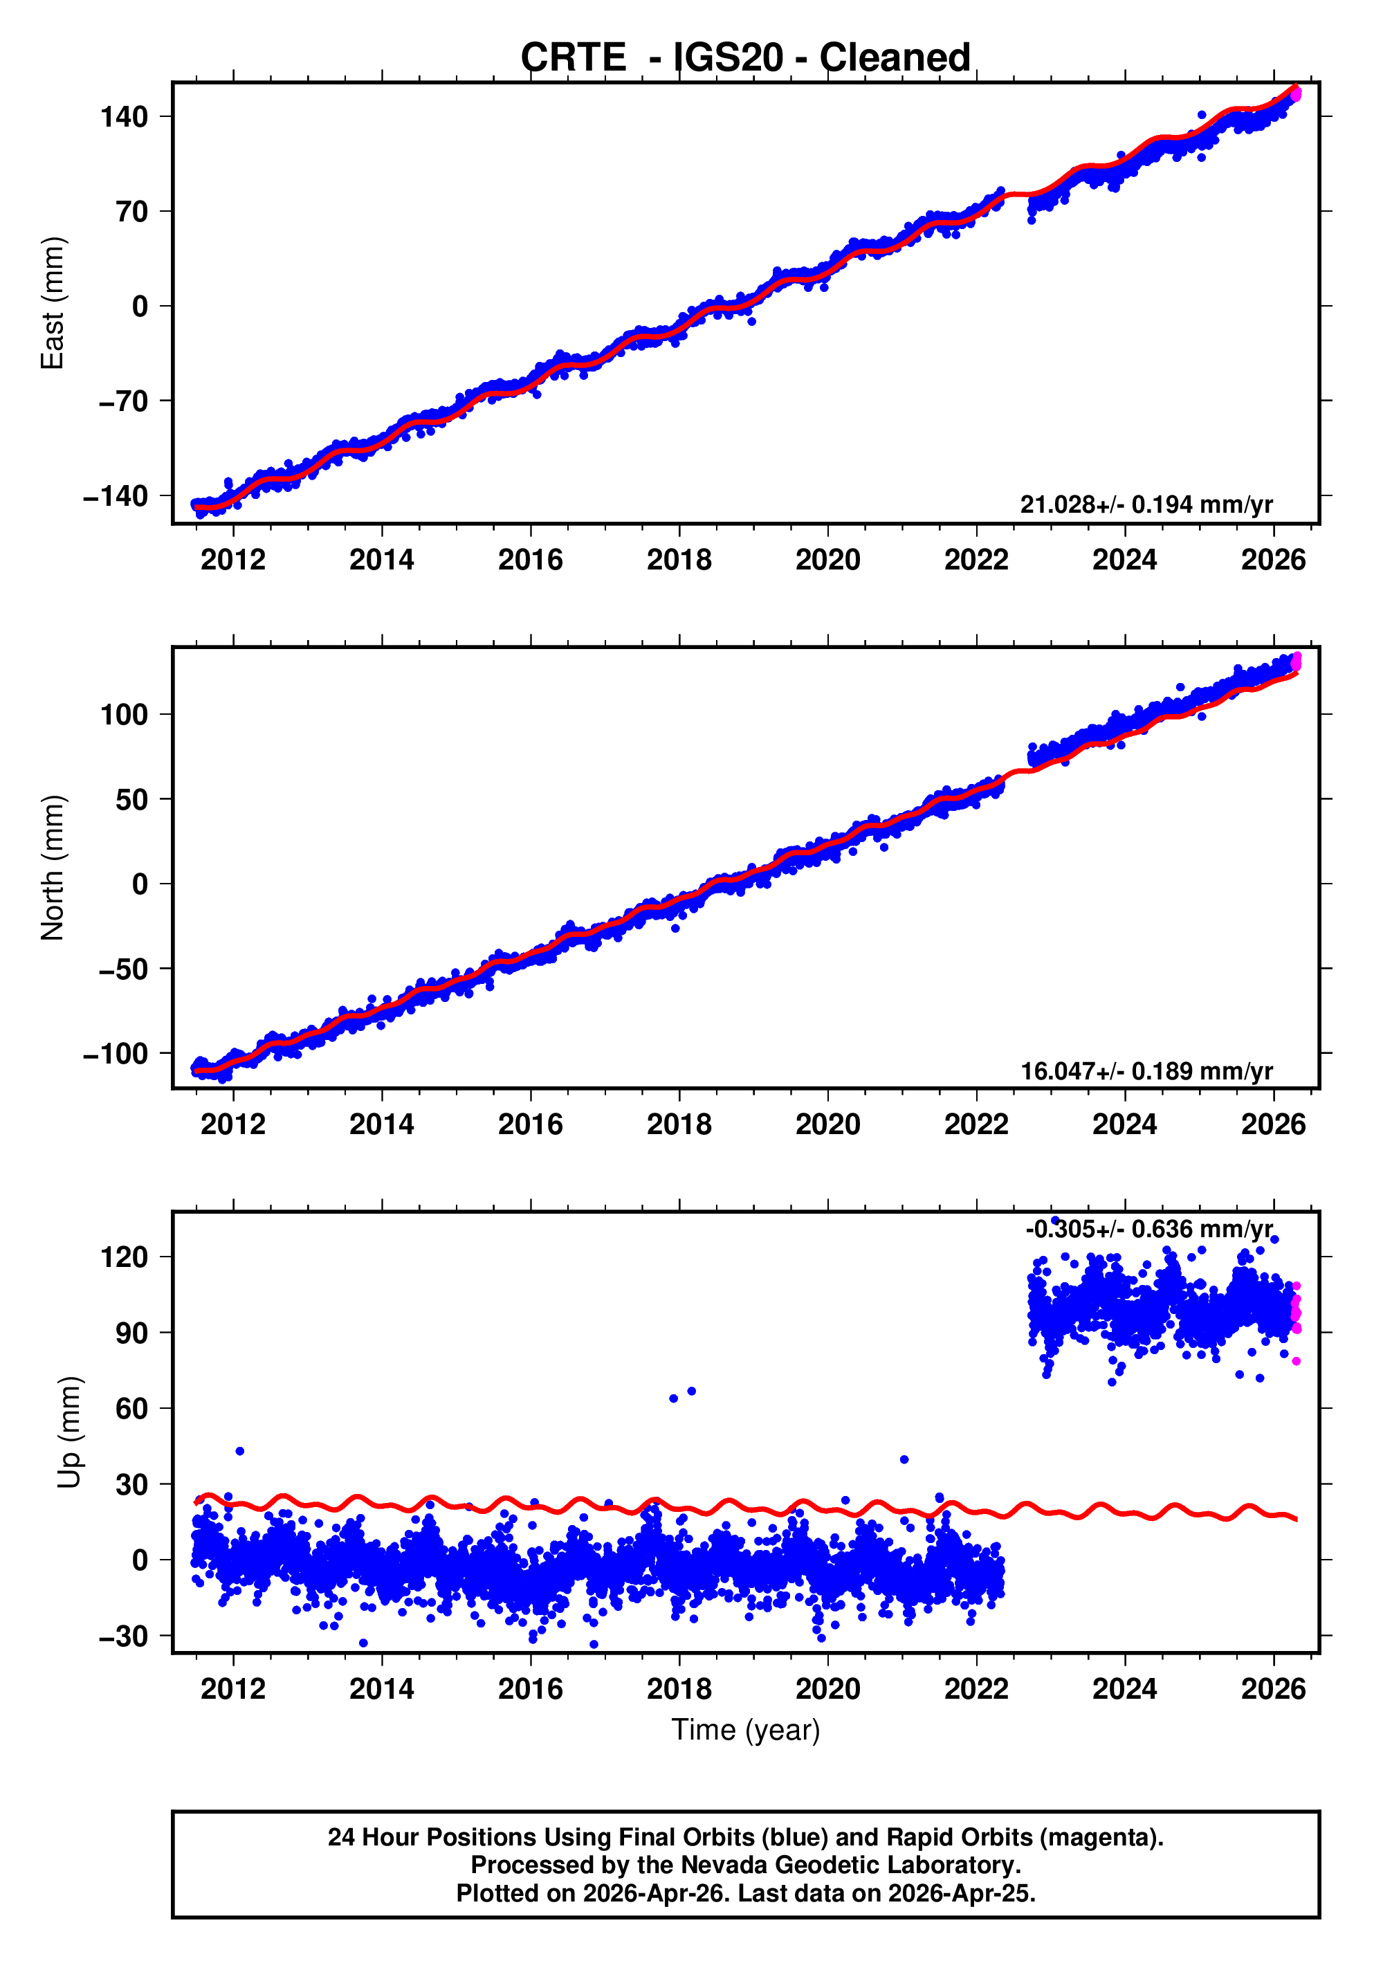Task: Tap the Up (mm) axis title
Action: (x=69, y=1432)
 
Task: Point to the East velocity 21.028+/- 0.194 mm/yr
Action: (x=1146, y=504)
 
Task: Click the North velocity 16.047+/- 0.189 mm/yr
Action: (x=1146, y=1071)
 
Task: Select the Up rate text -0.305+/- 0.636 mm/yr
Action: (x=1148, y=1229)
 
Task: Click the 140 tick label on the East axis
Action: (x=124, y=116)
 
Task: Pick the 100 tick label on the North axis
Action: (x=124, y=714)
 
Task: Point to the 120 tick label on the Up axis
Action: (x=124, y=1257)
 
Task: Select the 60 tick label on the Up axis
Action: (x=131, y=1408)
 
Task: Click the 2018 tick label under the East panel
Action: (x=679, y=560)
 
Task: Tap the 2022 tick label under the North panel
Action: (x=976, y=1125)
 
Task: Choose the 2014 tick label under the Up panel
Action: (x=382, y=1688)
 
